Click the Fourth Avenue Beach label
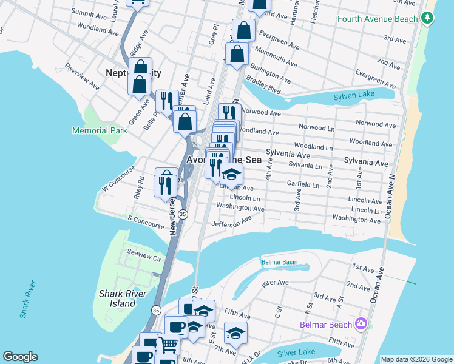(x=378, y=19)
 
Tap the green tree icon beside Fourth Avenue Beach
(x=429, y=18)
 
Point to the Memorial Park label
(x=100, y=130)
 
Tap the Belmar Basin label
(x=280, y=262)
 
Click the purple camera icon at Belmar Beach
(x=361, y=324)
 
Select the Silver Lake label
(x=296, y=353)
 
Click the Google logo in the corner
(x=20, y=357)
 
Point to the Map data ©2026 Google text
(x=416, y=359)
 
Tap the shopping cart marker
(x=168, y=345)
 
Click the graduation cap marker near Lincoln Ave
(x=231, y=175)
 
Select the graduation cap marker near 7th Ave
(x=235, y=332)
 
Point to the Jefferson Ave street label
(x=231, y=224)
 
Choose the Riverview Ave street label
(x=82, y=76)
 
